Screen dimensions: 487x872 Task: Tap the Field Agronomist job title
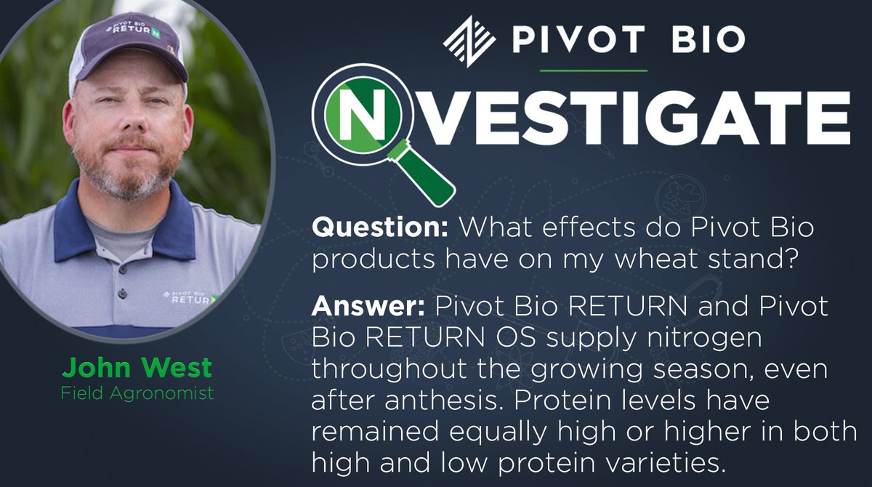[137, 393]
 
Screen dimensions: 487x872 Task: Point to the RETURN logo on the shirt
[186, 297]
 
